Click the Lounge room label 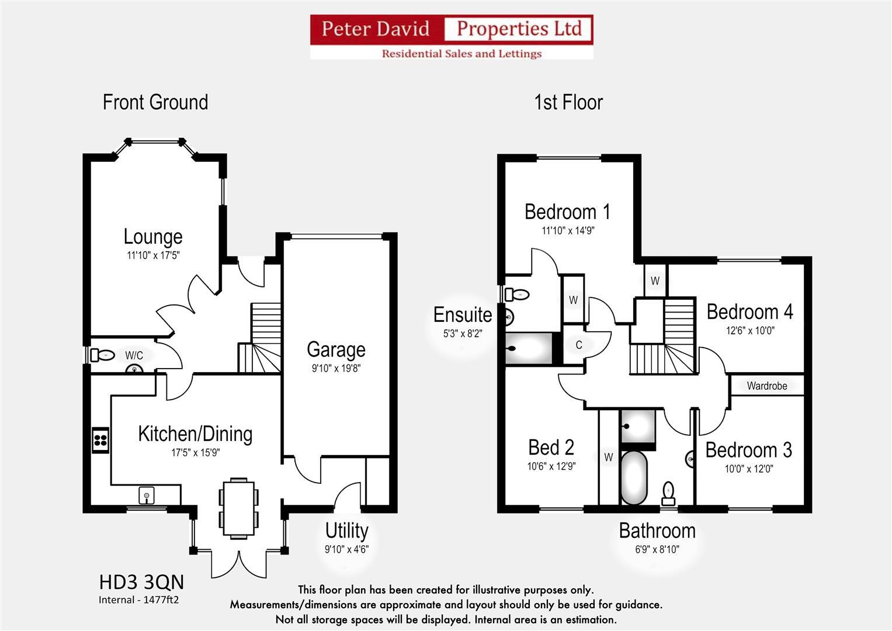coord(153,237)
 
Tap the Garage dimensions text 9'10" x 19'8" coord(336,369)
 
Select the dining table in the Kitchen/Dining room coord(238,508)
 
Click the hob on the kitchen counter coord(100,440)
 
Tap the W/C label coord(134,356)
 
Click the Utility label coord(346,531)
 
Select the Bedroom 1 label coord(567,212)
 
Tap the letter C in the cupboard coord(579,345)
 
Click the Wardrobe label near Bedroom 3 coord(766,386)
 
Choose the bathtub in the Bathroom coord(633,477)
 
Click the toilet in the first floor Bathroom coord(668,494)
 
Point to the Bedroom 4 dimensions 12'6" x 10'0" coord(750,330)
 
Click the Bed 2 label coord(551,448)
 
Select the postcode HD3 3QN coord(141,583)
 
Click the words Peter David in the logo coord(376,29)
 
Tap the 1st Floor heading coord(568,103)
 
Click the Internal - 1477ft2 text coord(138,600)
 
